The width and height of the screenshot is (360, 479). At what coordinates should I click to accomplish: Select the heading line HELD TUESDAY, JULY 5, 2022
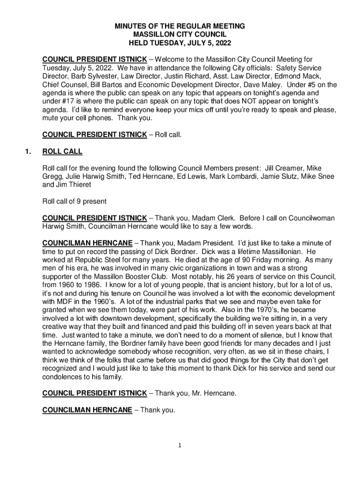[180, 43]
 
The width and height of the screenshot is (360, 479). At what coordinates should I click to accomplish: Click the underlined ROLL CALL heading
[62, 152]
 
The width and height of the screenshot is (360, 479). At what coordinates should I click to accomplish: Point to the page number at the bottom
[180, 445]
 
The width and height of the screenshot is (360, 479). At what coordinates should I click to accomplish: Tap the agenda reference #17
[70, 101]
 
